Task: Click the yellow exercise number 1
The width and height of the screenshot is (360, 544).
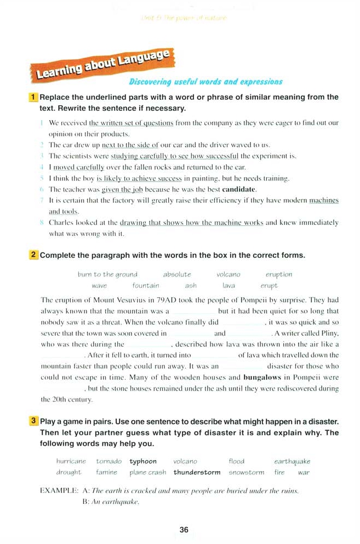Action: (x=33, y=97)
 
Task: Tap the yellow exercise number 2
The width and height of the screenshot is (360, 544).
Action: (x=33, y=255)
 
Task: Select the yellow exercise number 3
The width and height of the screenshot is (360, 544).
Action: (x=33, y=421)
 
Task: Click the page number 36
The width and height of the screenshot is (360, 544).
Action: (x=184, y=529)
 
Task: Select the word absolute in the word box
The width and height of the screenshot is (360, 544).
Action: (x=177, y=274)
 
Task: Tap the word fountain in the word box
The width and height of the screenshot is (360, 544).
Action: (x=146, y=285)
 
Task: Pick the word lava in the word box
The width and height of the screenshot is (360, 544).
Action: (x=228, y=285)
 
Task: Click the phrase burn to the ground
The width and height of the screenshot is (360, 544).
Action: (x=107, y=274)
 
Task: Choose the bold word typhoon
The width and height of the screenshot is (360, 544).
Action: (x=143, y=461)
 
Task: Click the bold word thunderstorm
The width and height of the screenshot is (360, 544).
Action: (x=197, y=472)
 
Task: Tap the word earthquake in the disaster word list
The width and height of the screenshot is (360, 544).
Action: (x=292, y=461)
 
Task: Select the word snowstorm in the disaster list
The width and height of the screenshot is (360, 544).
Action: (x=246, y=472)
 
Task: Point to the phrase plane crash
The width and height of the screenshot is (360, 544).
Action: (x=148, y=472)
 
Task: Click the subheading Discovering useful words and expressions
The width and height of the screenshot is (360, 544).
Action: (x=205, y=82)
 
